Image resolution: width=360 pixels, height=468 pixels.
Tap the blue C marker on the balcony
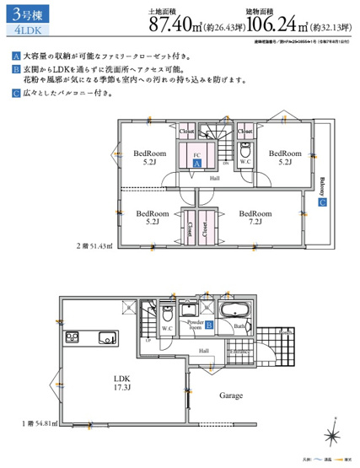(x=321, y=202)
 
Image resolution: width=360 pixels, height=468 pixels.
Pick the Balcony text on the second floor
(x=322, y=185)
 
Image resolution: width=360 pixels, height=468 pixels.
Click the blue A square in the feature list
(x=16, y=56)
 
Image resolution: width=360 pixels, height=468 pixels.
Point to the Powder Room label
(x=195, y=325)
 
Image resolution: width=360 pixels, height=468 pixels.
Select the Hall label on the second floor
(x=214, y=178)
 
